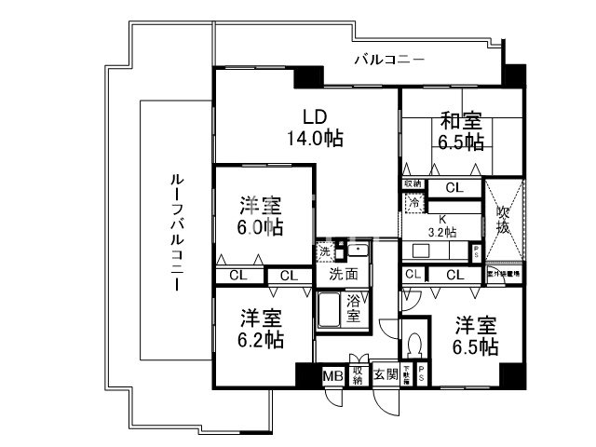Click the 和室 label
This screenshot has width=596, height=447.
tap(460, 120)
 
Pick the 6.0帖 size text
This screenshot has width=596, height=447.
tap(260, 227)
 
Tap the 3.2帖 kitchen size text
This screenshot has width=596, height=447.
tap(443, 231)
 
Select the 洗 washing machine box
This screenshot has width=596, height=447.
tap(325, 251)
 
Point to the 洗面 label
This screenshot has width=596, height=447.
tap(342, 276)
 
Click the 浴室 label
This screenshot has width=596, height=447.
tap(354, 309)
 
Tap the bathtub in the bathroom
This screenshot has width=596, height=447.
tap(331, 310)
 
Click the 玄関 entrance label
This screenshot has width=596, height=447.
tap(386, 375)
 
